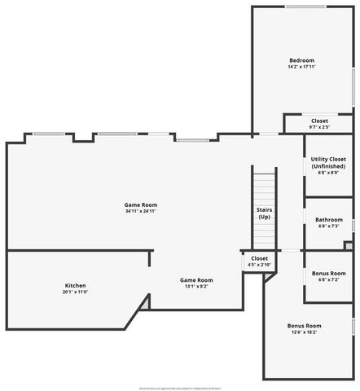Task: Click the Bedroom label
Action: tap(301, 60)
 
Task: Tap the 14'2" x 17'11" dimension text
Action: tap(301, 67)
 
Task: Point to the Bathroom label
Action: tap(328, 219)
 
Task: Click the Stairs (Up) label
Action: tap(264, 213)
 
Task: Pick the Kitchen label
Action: tap(76, 285)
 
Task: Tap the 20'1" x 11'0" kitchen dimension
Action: tap(76, 292)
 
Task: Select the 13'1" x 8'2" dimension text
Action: tap(196, 286)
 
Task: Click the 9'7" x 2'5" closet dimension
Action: tap(319, 127)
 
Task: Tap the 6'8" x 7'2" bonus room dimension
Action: tap(328, 279)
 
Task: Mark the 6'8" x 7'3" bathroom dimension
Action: tap(328, 226)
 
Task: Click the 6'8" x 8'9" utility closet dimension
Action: tap(328, 172)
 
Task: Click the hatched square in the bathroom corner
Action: tap(348, 245)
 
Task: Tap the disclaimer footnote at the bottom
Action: tap(180, 388)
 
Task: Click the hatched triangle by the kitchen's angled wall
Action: tap(145, 303)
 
